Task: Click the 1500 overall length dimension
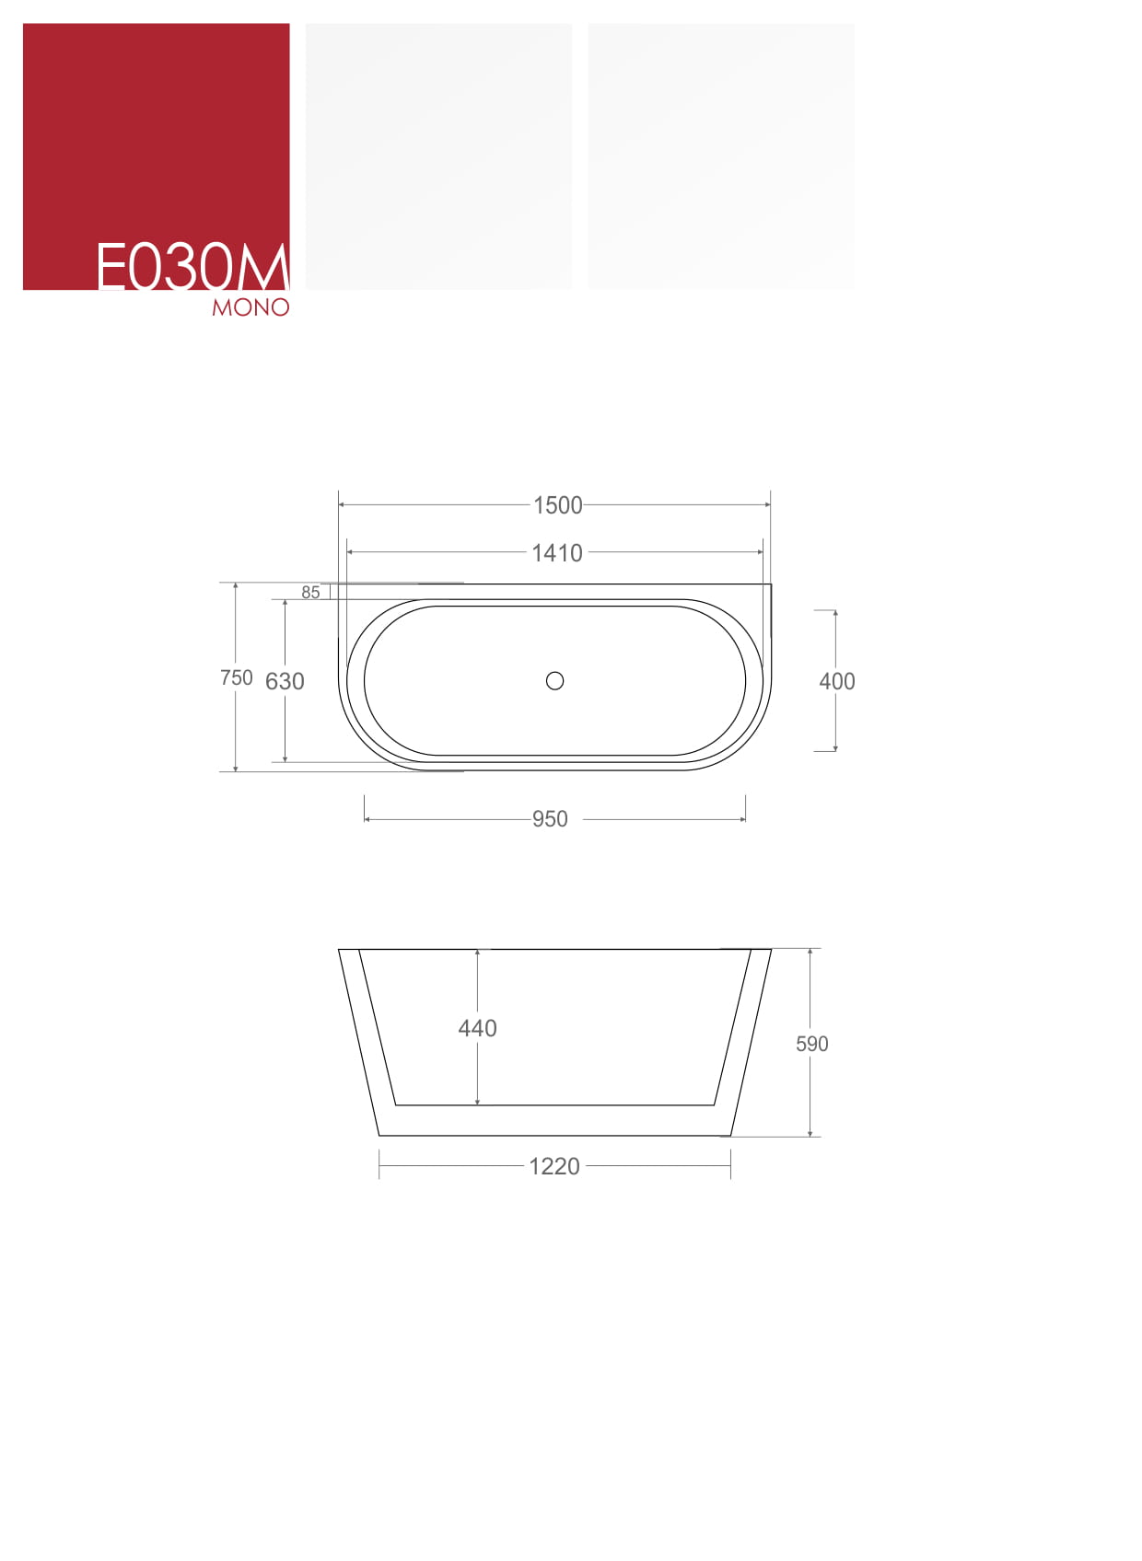557,505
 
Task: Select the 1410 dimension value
556,552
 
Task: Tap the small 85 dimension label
310,592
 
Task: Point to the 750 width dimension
237,677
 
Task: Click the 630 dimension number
285,681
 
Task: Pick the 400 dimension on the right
836,681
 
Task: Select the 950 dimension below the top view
550,819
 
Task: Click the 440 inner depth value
477,1028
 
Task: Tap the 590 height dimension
811,1043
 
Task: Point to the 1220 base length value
554,1166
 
